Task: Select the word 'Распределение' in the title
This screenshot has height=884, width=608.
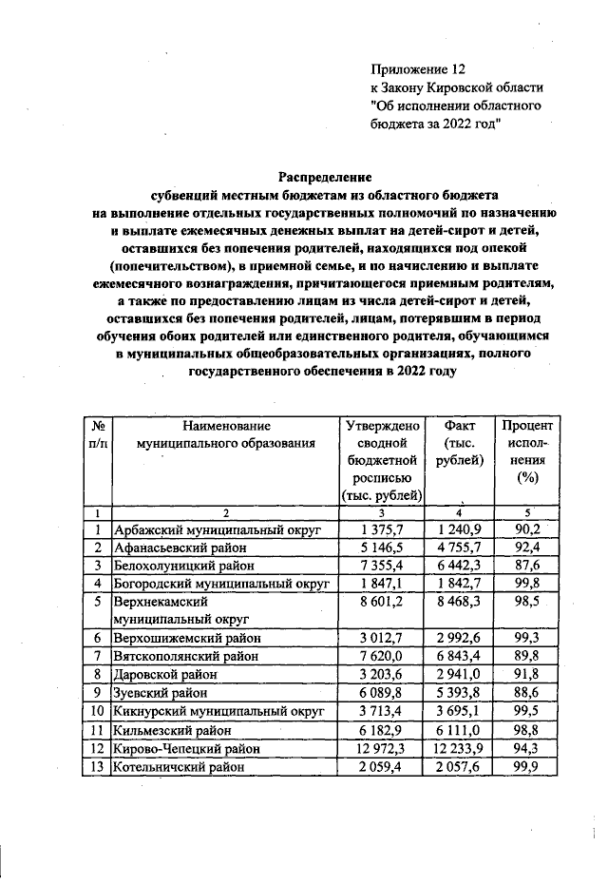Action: [325, 176]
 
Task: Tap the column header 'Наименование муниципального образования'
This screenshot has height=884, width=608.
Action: [225, 434]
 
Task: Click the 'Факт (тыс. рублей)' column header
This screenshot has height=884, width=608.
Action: [460, 443]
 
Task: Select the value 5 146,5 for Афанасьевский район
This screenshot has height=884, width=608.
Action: [383, 548]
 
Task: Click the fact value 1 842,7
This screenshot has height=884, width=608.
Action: [460, 583]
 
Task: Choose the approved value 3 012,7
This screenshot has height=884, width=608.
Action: [383, 638]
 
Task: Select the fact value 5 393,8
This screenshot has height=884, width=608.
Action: [460, 692]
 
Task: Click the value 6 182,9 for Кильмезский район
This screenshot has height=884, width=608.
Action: [383, 729]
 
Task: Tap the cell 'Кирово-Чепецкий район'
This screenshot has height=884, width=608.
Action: [180, 747]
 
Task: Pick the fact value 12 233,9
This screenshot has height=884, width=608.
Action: [460, 747]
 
